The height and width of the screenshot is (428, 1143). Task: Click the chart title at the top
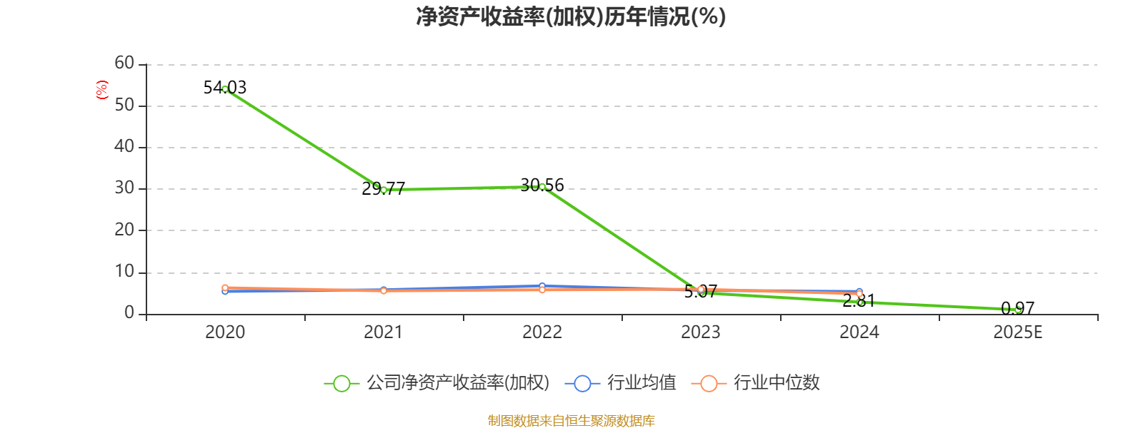tap(571, 16)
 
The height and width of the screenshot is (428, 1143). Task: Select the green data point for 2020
tap(225, 89)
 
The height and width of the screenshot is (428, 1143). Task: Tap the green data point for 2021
tap(384, 190)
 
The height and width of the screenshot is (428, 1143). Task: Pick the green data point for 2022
tap(542, 187)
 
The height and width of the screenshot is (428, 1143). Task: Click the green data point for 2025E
tap(1018, 310)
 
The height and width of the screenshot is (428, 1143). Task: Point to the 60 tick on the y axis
tap(124, 63)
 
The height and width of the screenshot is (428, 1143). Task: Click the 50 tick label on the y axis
tap(124, 106)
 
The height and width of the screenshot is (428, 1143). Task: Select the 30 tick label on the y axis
tap(124, 188)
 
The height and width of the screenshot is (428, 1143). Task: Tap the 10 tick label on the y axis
tap(124, 272)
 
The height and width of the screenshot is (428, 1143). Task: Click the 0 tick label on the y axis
tap(129, 313)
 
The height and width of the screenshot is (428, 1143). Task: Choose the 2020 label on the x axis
tap(225, 332)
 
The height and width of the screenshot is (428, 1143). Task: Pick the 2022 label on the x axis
tap(542, 332)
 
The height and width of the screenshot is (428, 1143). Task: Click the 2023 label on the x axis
tap(701, 332)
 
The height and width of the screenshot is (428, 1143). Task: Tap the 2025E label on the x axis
tap(1018, 332)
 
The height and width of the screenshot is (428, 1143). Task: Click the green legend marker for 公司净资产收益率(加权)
tap(341, 384)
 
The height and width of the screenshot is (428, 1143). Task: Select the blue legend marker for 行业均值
tap(582, 384)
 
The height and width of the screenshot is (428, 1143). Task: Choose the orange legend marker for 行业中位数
tap(709, 384)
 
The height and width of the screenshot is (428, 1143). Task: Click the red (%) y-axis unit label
tap(102, 90)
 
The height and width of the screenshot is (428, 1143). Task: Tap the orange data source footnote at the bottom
tap(571, 421)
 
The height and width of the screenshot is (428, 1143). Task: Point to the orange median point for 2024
tap(859, 294)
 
